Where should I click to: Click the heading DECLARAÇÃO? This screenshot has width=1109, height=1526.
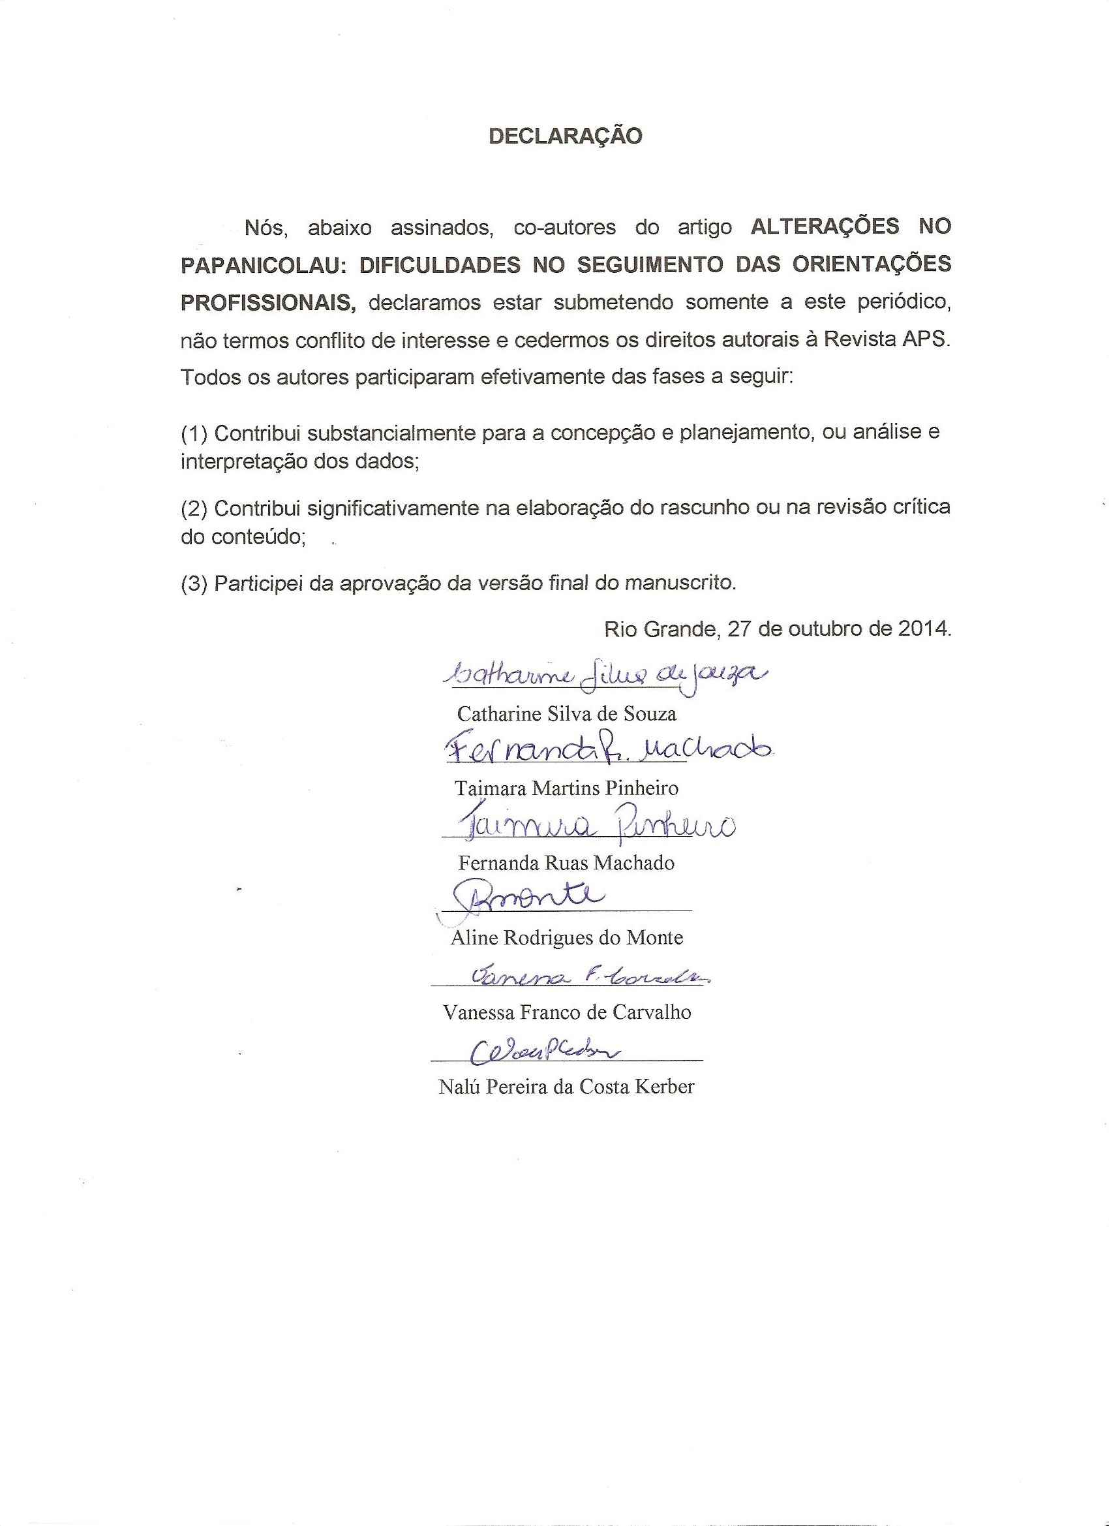(x=565, y=136)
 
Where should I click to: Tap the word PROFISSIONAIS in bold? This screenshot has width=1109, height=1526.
(x=267, y=303)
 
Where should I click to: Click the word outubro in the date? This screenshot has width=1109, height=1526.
(x=822, y=629)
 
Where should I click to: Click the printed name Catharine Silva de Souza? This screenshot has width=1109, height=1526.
(x=566, y=713)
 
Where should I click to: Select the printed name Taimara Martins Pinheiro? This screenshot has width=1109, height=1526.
(x=566, y=788)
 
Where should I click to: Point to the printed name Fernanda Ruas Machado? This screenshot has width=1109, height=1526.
(x=566, y=863)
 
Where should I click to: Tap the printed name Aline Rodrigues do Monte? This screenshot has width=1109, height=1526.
(x=566, y=937)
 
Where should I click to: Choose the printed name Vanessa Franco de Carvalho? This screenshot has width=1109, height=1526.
(x=566, y=1012)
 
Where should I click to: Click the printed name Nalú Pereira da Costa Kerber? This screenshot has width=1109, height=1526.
(x=566, y=1087)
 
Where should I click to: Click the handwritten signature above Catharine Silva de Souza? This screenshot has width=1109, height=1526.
(x=602, y=675)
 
